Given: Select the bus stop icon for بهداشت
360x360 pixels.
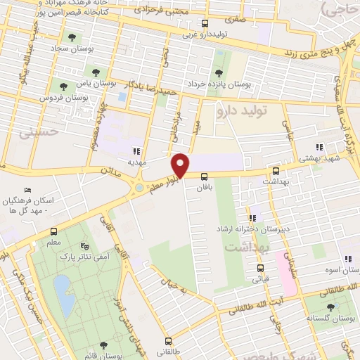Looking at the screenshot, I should (x=276, y=171).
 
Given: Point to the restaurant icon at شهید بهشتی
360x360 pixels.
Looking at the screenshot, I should (x=319, y=147).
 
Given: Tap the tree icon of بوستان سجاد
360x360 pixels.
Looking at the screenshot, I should (x=70, y=37).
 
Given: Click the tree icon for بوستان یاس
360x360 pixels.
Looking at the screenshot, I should (x=96, y=72).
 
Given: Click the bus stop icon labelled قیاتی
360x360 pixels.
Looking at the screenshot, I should (x=260, y=267).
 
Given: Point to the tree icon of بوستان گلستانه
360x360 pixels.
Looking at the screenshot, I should (x=331, y=307).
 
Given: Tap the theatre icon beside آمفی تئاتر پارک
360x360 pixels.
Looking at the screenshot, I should (x=86, y=247).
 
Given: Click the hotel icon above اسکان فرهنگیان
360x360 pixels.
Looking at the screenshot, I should (x=27, y=190).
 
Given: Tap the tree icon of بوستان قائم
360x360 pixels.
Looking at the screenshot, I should (x=103, y=345).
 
